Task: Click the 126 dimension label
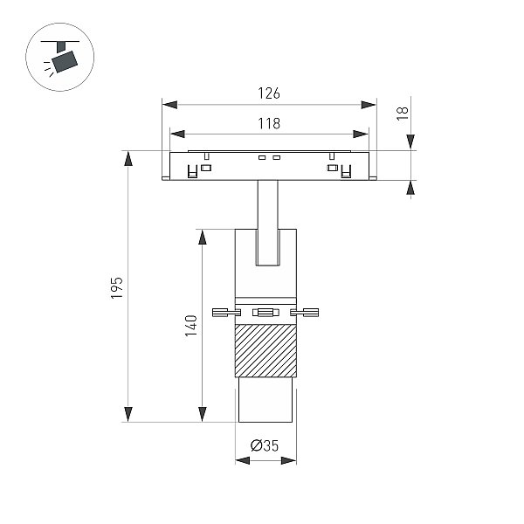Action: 269,93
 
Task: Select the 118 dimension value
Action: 269,123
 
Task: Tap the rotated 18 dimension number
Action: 403,114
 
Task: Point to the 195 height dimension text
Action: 117,287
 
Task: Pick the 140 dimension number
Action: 191,326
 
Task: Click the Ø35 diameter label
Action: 265,445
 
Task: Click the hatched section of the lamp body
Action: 265,350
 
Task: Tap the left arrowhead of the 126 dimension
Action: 169,105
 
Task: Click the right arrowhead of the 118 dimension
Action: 361,134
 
